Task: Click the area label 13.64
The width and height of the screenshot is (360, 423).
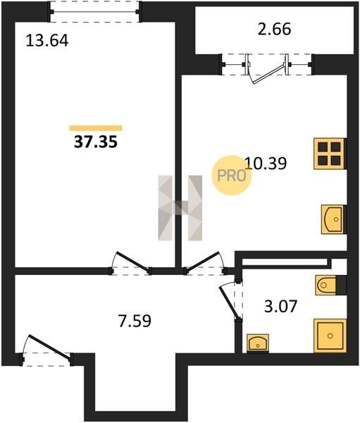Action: (x=47, y=41)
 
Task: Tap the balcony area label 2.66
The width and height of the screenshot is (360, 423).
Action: (x=275, y=29)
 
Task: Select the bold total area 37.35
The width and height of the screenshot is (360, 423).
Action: (x=96, y=142)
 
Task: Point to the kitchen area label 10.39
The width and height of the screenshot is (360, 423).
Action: (x=266, y=164)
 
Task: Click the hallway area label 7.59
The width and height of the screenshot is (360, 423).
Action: (x=135, y=321)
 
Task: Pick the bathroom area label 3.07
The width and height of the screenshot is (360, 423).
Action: (x=280, y=306)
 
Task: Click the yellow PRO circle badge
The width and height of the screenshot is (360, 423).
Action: (x=231, y=176)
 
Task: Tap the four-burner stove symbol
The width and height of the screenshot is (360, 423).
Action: (x=329, y=154)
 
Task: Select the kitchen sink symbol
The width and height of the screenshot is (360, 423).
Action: (x=333, y=219)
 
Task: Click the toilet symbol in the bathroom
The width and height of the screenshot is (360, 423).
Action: (x=328, y=285)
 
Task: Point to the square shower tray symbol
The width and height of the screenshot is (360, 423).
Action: (x=330, y=336)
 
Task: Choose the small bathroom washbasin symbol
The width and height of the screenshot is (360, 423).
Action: (x=258, y=343)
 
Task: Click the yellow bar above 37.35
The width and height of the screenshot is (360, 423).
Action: (x=96, y=128)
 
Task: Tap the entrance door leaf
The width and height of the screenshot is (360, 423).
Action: (x=51, y=348)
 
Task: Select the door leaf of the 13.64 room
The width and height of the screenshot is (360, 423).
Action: (x=132, y=262)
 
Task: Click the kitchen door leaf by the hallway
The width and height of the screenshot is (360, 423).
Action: (x=203, y=261)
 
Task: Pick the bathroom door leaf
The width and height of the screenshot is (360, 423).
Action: (x=229, y=303)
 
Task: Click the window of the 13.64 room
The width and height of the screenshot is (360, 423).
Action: (x=95, y=11)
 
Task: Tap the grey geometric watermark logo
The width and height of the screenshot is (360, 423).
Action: (x=180, y=208)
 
